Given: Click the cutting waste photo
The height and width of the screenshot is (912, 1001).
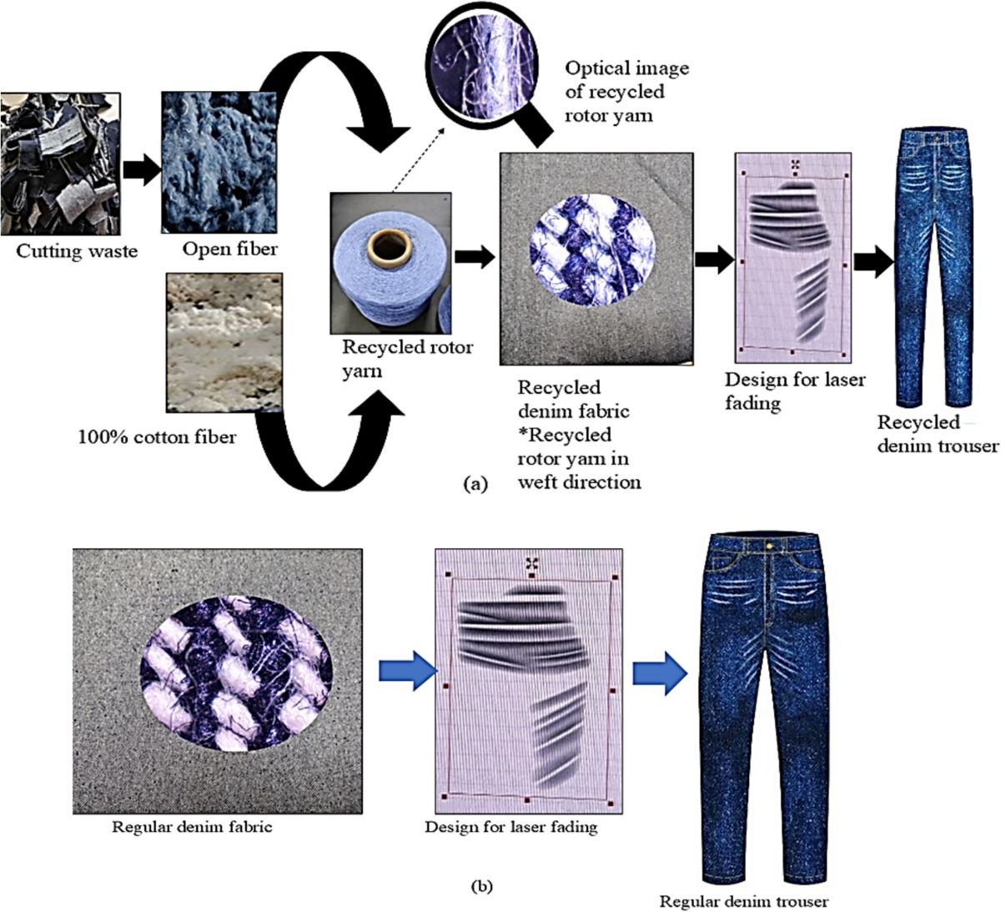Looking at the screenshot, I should pyautogui.click(x=60, y=164).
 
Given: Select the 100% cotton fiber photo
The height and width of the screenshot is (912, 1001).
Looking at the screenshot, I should pyautogui.click(x=224, y=342).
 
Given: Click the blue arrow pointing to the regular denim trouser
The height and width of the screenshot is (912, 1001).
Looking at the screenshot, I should pyautogui.click(x=659, y=673).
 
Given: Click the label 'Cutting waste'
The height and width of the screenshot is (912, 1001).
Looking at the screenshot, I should pyautogui.click(x=77, y=251).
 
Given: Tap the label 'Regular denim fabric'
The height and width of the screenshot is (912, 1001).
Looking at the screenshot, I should pyautogui.click(x=192, y=828).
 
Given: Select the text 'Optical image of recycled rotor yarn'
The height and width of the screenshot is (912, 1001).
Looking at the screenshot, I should pyautogui.click(x=627, y=92).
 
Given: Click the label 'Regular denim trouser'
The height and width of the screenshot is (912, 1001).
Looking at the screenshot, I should pyautogui.click(x=744, y=901).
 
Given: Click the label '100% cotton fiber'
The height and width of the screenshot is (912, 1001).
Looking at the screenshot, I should pyautogui.click(x=157, y=436).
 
